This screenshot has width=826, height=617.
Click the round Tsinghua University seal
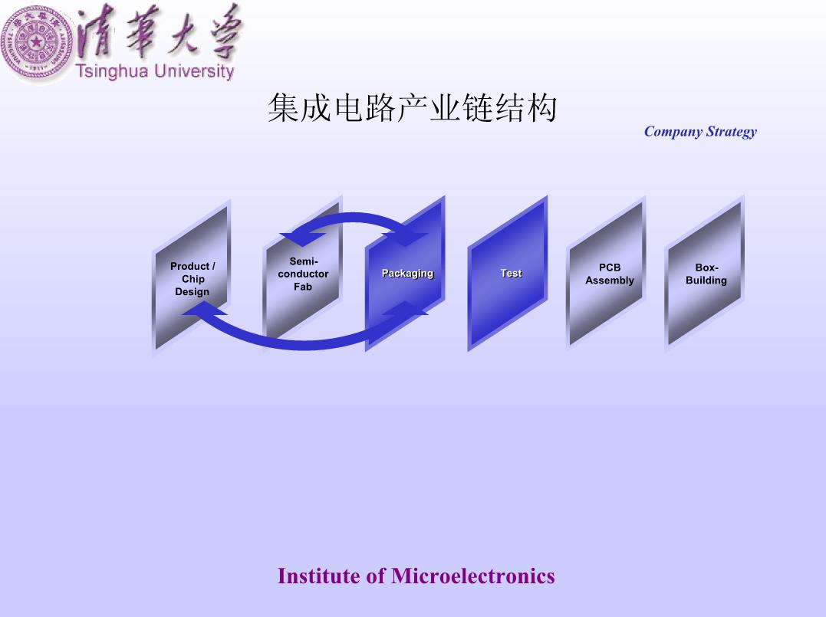[x=36, y=43]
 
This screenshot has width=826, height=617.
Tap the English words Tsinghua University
[x=155, y=71]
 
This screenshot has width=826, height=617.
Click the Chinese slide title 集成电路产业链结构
[x=413, y=108]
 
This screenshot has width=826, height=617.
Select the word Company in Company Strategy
[x=673, y=132]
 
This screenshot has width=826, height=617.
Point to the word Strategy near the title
[x=731, y=132]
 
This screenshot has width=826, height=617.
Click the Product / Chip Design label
[x=193, y=279]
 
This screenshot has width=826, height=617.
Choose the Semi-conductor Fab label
[x=303, y=274]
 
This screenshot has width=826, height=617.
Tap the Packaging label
[x=407, y=273]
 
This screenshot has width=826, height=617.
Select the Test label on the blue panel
[x=511, y=273]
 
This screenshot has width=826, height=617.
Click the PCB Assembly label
[x=610, y=274]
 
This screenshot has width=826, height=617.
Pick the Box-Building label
[x=706, y=274]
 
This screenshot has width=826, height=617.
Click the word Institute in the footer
[x=320, y=576]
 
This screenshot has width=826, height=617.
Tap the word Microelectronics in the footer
[x=472, y=576]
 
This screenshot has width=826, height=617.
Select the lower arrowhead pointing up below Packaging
[x=405, y=308]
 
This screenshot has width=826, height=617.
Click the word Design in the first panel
[x=192, y=292]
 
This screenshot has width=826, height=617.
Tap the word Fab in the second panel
[x=303, y=287]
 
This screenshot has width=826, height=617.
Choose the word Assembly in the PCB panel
[x=610, y=280]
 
